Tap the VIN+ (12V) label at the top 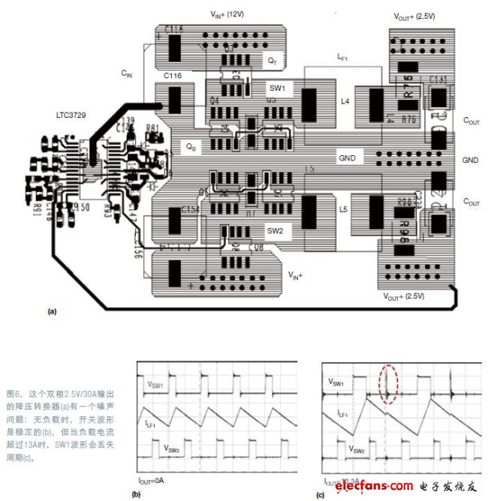(x=225, y=14)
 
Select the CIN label (x=127, y=73)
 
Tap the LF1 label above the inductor (x=342, y=56)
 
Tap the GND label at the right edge (x=470, y=160)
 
